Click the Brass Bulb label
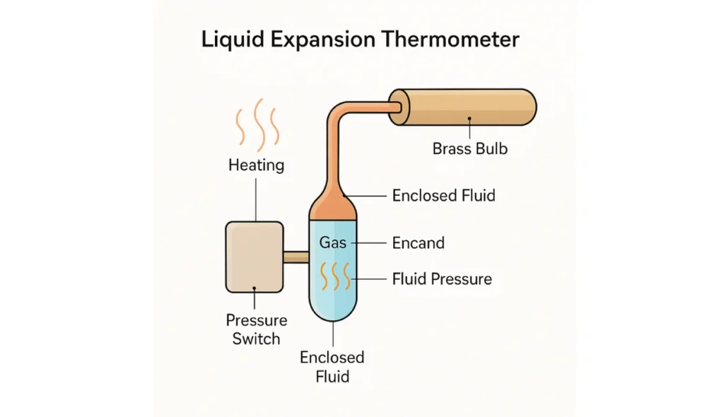point(469,149)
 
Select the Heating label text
point(256,165)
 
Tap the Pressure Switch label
point(256,329)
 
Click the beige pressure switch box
point(255,256)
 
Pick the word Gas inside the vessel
point(332,242)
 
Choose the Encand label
point(418,242)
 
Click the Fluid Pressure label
point(442,278)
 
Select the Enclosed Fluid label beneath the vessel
point(332,366)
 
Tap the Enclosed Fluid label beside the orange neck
point(443,194)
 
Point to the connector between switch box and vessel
point(296,257)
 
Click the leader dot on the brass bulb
point(469,120)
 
